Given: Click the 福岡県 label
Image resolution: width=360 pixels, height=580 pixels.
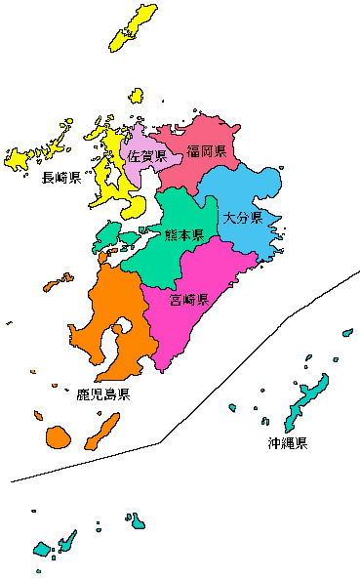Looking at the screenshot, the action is [207, 151].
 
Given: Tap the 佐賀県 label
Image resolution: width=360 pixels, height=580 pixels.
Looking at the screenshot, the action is [146, 156].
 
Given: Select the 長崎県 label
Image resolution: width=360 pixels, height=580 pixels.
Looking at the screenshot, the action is [60, 178].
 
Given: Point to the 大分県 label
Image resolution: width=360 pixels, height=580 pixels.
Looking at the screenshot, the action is [242, 217].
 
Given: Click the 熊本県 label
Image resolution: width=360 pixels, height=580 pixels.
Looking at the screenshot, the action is [183, 235].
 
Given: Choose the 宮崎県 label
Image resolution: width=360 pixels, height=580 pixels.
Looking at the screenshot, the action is [188, 299].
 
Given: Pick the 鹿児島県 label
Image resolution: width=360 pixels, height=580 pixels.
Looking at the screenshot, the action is [103, 394].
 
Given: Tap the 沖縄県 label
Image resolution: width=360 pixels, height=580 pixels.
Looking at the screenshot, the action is [288, 443].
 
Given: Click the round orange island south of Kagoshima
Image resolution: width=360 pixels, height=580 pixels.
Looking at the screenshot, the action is [59, 435].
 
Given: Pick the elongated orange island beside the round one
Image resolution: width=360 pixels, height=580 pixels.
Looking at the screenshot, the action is [102, 431].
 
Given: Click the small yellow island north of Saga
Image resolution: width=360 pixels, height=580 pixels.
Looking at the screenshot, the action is [137, 96].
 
